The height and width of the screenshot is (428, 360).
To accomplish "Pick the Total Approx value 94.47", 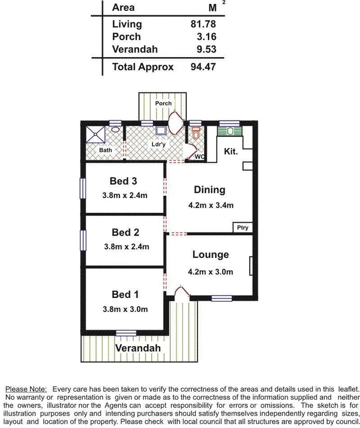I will pyautogui.click(x=204, y=67).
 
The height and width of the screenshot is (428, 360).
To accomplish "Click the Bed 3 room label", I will pyautogui.click(x=123, y=182).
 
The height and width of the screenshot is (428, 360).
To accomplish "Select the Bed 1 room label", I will pyautogui.click(x=125, y=295).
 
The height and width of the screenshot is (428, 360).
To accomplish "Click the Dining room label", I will pyautogui.click(x=209, y=190).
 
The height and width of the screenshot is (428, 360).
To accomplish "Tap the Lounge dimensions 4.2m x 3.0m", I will pyautogui.click(x=210, y=272).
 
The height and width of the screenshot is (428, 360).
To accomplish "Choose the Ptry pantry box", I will pyautogui.click(x=242, y=227).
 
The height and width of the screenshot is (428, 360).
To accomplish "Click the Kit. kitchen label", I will pyautogui.click(x=230, y=151).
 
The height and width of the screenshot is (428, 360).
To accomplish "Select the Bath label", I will pyautogui.click(x=105, y=150).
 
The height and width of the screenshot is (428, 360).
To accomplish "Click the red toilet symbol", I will pyautogui.click(x=196, y=133).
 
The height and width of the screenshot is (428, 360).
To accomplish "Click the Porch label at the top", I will pyautogui.click(x=164, y=103).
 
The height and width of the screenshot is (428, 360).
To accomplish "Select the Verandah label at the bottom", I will pyautogui.click(x=138, y=349).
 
